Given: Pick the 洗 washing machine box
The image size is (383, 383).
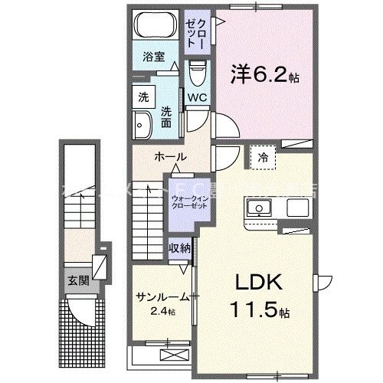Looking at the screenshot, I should click(143, 97).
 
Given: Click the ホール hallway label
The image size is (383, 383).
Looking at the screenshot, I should click(170, 157).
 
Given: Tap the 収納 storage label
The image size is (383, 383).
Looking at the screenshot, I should click(180, 248).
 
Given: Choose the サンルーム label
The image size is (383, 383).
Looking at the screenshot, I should click(163, 297).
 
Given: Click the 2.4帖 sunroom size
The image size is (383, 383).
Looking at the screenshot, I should click(162, 312).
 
